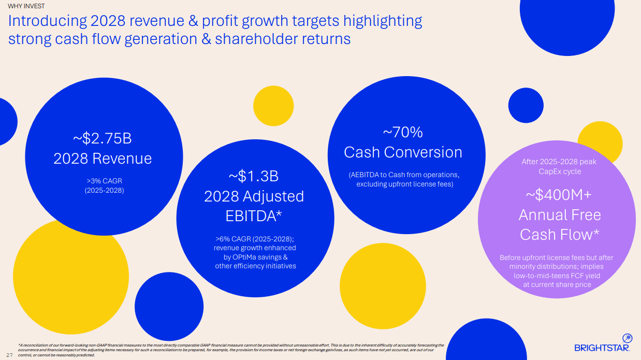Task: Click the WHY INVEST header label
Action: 26,6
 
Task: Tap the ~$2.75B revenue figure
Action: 103,138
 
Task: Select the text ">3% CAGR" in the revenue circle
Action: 104,181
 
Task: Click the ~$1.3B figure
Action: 254,176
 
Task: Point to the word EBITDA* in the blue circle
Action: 254,216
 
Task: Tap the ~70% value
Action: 403,133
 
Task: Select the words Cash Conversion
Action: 403,152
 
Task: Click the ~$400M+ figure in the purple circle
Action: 559,195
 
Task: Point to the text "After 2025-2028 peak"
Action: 559,162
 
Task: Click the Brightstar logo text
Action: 602,348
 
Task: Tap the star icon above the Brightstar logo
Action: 627,338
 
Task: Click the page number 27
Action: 9,354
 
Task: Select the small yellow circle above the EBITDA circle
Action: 273,106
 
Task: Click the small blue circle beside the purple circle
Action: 526,105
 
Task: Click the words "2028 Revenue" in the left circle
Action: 103,159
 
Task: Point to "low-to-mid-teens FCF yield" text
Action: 557,276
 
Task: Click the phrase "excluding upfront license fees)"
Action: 404,184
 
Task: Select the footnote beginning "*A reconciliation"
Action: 228,350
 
